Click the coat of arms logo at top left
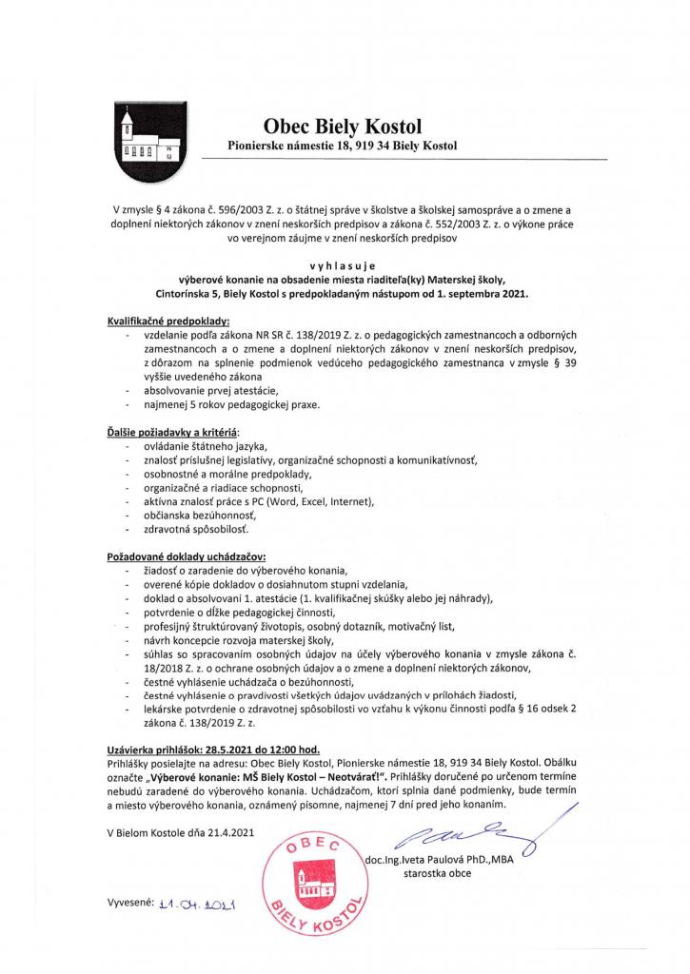pos(145,141)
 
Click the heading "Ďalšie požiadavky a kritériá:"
pos(176,433)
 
